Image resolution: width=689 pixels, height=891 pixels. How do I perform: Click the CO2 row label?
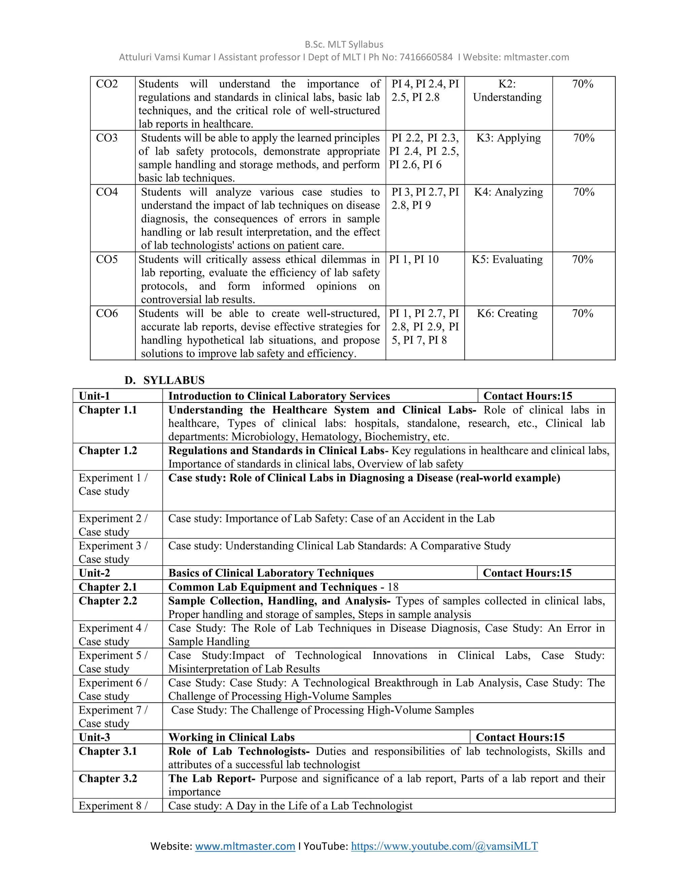point(107,84)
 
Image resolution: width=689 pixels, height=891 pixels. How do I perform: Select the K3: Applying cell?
point(508,138)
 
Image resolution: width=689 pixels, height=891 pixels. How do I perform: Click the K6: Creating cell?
point(507,313)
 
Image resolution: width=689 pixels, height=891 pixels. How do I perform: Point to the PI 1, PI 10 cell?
point(414,260)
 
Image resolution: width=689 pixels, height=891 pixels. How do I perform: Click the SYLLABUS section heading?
point(174,380)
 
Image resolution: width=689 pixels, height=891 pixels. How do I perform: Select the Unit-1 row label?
point(94,396)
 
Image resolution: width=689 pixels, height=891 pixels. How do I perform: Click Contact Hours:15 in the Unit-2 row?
point(527,573)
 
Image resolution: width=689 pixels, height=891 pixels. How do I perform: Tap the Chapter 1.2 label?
point(108,451)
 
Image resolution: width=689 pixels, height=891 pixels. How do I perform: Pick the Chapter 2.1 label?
point(108,587)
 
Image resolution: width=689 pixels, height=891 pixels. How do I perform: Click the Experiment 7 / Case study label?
point(113,716)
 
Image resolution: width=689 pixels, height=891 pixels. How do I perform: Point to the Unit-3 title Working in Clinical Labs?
point(231,737)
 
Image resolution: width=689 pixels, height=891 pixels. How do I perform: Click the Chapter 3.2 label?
point(108,778)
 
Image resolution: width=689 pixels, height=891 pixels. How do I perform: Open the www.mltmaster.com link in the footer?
point(245,846)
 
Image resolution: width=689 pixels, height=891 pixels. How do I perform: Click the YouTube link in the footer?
point(444,846)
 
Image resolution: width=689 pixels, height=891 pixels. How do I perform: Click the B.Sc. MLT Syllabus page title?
point(344,44)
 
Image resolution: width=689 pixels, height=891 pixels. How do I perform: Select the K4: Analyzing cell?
point(508,192)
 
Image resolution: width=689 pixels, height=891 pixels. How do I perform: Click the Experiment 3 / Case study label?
point(113,552)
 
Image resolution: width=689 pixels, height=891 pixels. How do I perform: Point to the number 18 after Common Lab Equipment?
point(393,587)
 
